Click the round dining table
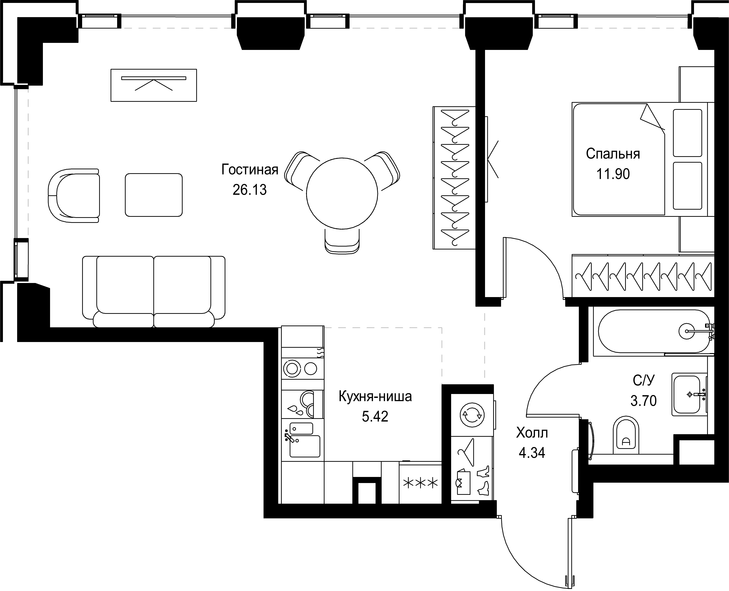342,193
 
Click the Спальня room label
613,154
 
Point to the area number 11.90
613,174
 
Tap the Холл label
532,433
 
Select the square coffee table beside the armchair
154,195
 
